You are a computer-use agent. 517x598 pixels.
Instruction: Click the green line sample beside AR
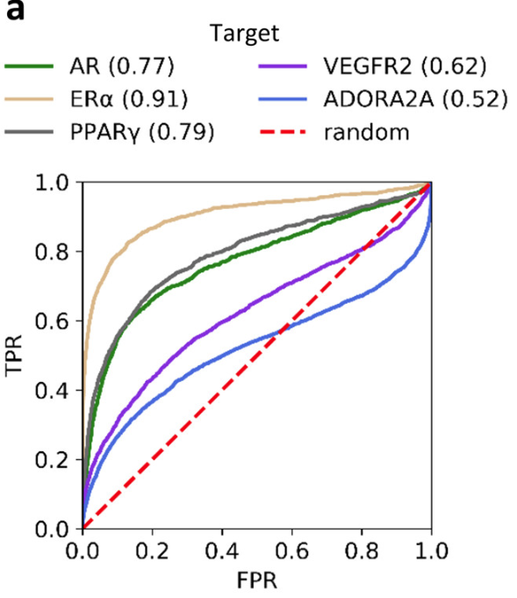tap(32, 67)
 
